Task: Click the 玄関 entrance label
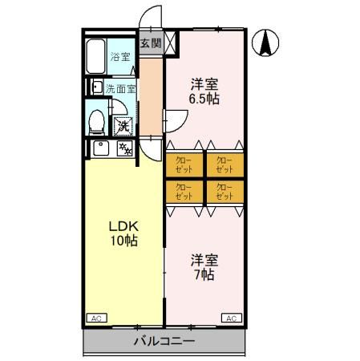point(150,43)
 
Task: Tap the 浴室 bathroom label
point(119,58)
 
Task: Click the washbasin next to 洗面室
point(96,87)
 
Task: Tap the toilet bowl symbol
point(95,123)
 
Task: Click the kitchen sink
point(101,148)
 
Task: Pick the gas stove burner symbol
point(124,148)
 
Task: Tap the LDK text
point(120,226)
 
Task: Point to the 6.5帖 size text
point(204,99)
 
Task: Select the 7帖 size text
point(203,274)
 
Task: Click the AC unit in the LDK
point(95,318)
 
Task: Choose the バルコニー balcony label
point(164,341)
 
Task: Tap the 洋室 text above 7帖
point(203,260)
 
